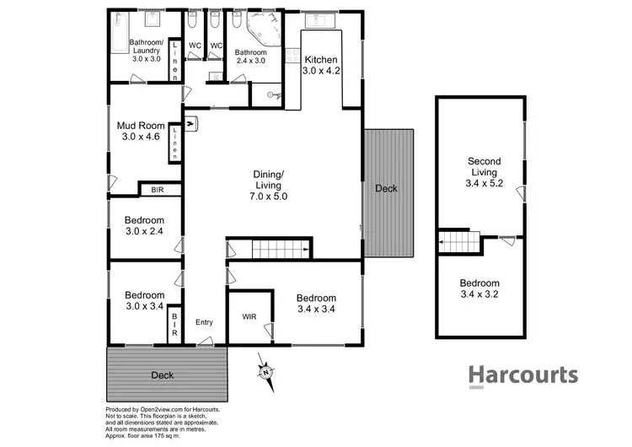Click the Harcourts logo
(x=522, y=375)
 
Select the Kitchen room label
(x=320, y=66)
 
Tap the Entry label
(x=205, y=323)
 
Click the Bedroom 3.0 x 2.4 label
(x=144, y=225)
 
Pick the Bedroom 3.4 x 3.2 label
(x=479, y=289)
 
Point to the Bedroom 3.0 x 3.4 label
(x=144, y=301)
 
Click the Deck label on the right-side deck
(x=386, y=189)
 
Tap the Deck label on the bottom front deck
(x=162, y=374)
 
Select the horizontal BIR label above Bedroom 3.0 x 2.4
(x=158, y=191)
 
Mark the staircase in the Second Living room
(x=459, y=244)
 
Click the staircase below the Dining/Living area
(x=281, y=249)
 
